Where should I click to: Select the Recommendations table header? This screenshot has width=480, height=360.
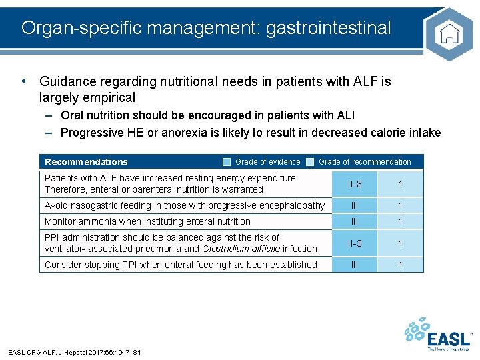tap(86, 162)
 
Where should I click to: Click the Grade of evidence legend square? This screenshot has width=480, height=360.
tap(227, 162)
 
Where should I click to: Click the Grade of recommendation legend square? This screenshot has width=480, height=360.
tap(310, 162)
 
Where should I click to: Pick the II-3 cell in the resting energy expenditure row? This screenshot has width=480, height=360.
tap(355, 184)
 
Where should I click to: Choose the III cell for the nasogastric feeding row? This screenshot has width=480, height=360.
tap(355, 206)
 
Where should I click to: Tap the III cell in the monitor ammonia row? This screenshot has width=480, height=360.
tap(355, 221)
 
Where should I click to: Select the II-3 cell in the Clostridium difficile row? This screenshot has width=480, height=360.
tap(355, 243)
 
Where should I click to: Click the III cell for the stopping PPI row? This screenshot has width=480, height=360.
tap(355, 265)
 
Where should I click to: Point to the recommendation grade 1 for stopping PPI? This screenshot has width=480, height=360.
tap(401, 265)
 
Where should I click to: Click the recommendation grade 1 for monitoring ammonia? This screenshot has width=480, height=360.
tap(401, 221)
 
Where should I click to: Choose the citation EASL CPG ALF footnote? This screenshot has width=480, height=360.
tap(74, 352)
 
